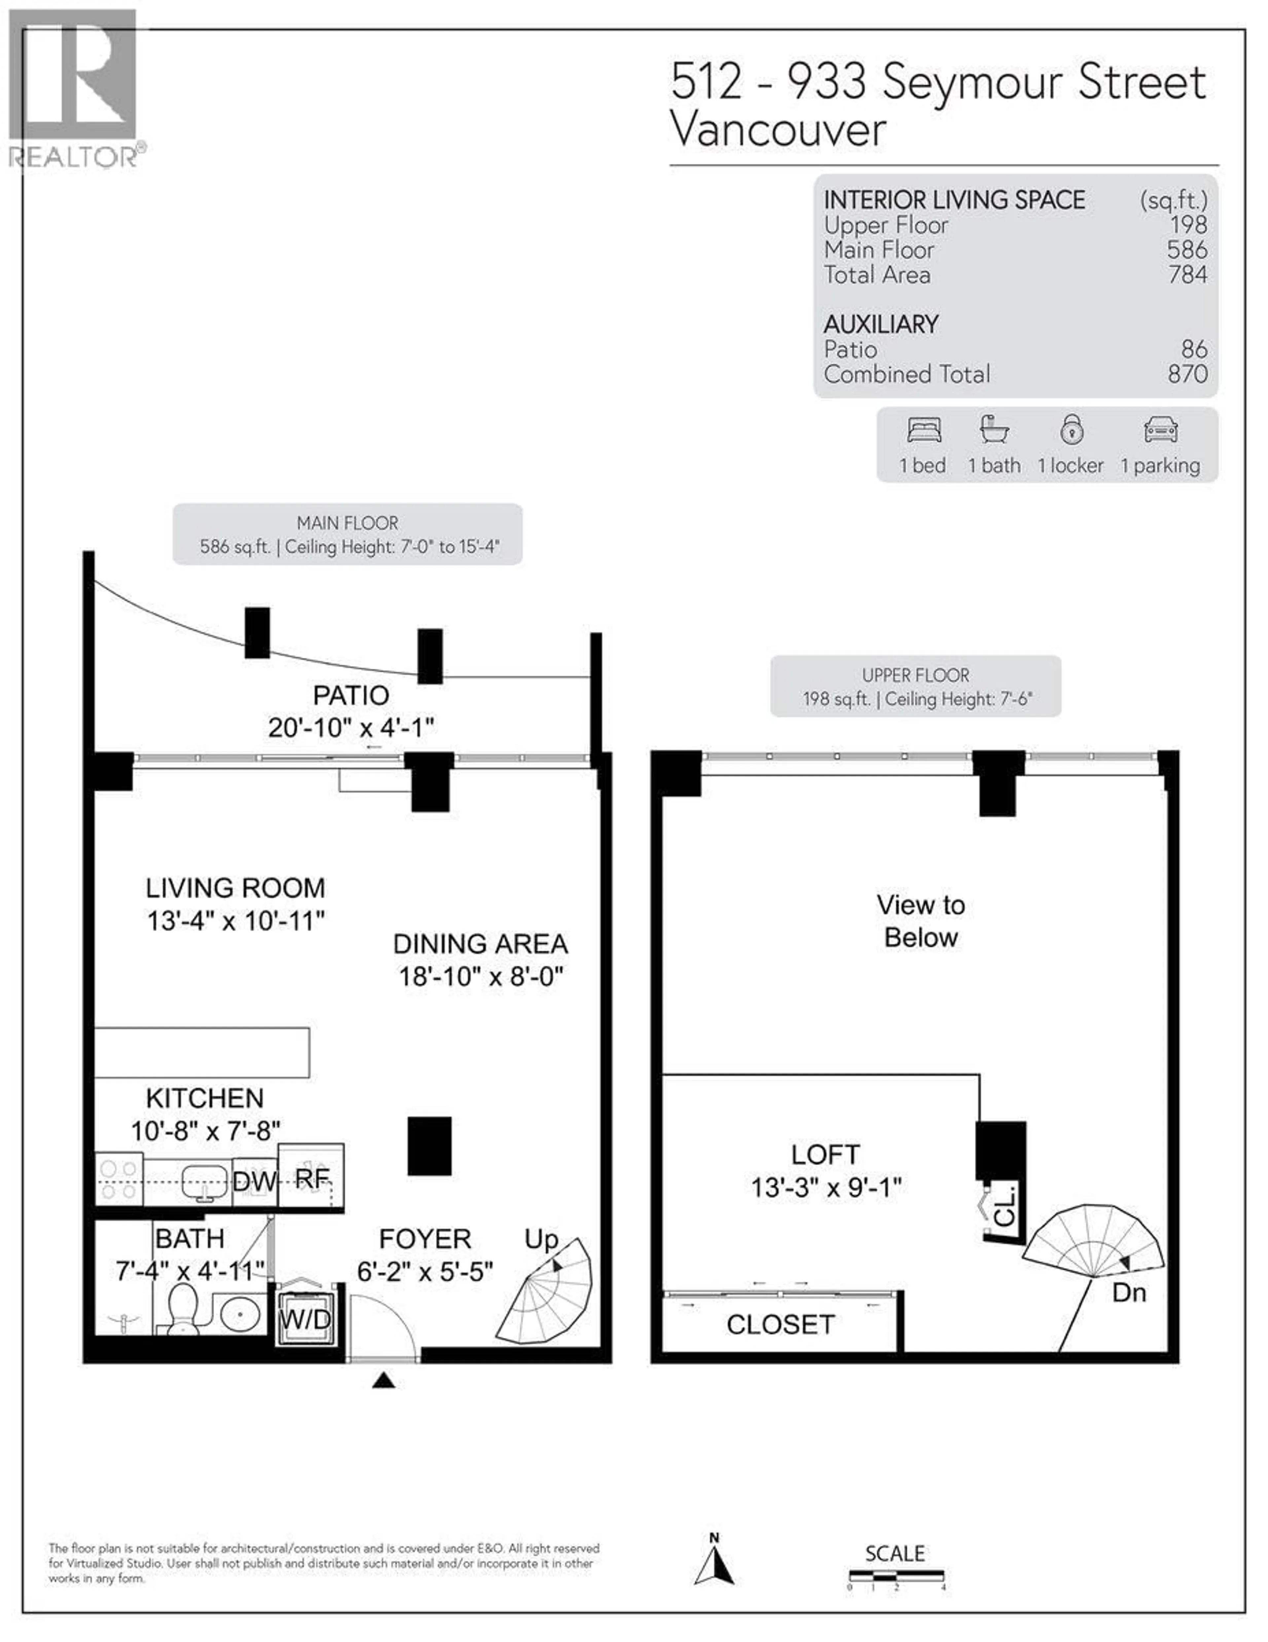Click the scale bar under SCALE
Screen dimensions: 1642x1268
pyautogui.click(x=896, y=1576)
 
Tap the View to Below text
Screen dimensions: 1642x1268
pyautogui.click(x=921, y=921)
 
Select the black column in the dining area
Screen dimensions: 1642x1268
pyautogui.click(x=429, y=1146)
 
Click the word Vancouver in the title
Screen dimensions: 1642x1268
pyautogui.click(x=778, y=130)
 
